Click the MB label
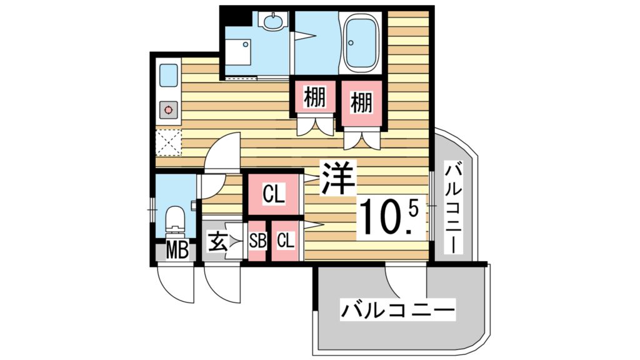coord(177,251)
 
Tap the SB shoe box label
coord(257,240)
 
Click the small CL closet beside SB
coord(285,240)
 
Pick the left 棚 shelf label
coord(316,98)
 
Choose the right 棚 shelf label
coord(361,102)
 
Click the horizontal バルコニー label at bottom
coord(397,309)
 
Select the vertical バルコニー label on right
coord(454,206)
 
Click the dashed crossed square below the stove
coord(168,142)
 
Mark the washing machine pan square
coord(238,52)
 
